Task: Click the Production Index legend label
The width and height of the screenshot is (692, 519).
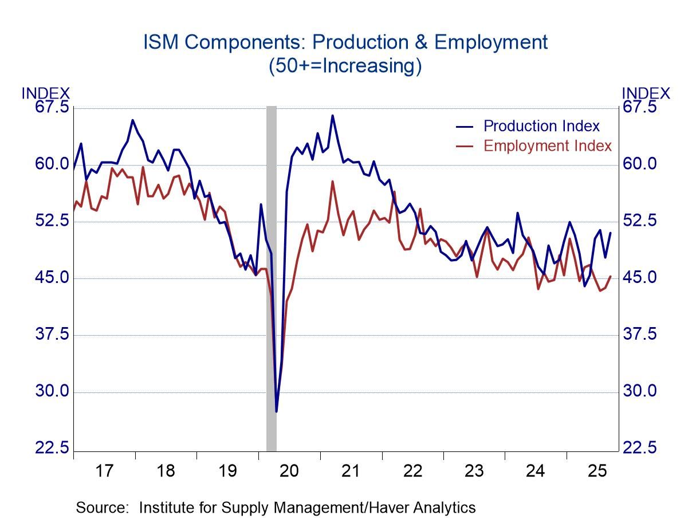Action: pyautogui.click(x=541, y=126)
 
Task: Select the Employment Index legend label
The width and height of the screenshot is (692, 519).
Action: pyautogui.click(x=547, y=146)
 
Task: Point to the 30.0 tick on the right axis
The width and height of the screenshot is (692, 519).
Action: pyautogui.click(x=639, y=391)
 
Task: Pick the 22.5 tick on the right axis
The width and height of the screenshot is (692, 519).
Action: pyautogui.click(x=639, y=448)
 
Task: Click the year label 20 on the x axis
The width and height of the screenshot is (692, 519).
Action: pyautogui.click(x=289, y=471)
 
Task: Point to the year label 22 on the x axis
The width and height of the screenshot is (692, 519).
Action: pyautogui.click(x=412, y=471)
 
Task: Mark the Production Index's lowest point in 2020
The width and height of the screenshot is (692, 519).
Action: pyautogui.click(x=276, y=411)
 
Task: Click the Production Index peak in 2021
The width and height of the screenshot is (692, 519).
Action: pyautogui.click(x=332, y=116)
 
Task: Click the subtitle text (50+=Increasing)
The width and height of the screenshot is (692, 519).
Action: pyautogui.click(x=345, y=66)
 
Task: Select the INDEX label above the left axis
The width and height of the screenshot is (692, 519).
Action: pyautogui.click(x=46, y=93)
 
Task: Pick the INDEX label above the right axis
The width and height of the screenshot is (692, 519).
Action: pyautogui.click(x=646, y=93)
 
